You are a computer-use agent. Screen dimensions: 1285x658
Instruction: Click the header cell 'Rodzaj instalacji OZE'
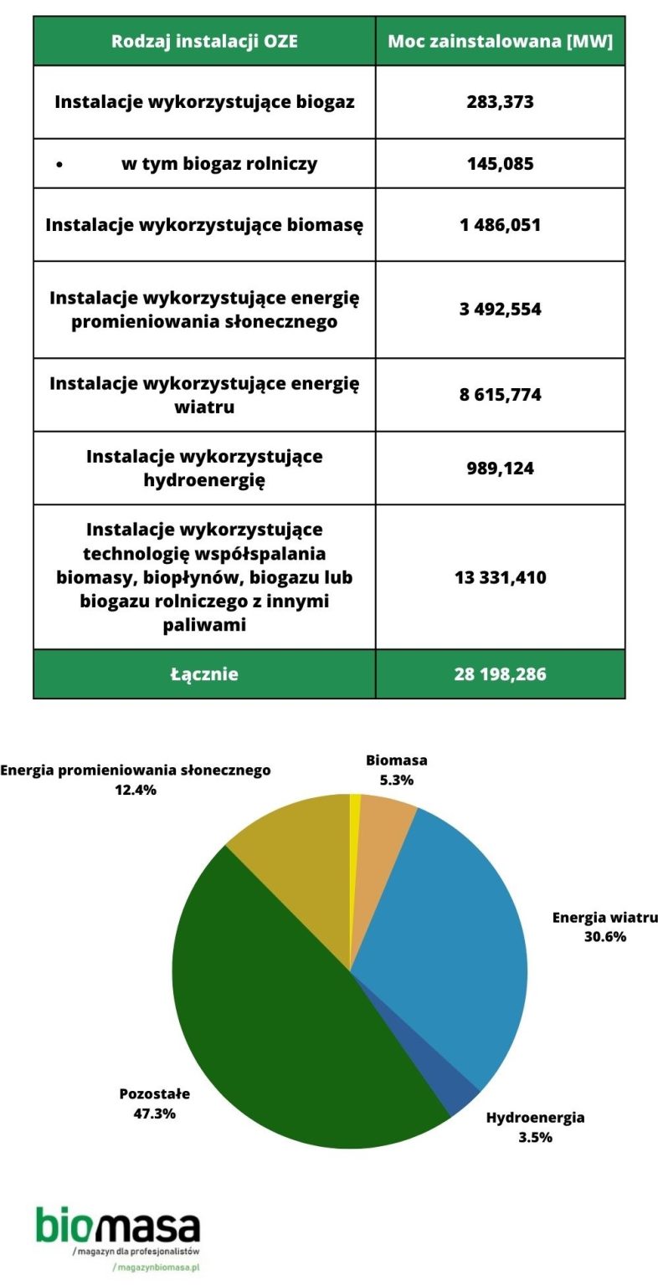[x=204, y=41]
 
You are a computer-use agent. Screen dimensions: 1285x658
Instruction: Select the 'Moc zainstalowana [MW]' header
[x=500, y=41]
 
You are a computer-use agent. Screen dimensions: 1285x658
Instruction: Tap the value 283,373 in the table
[x=500, y=102]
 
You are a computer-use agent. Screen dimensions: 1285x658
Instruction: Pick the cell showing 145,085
[x=500, y=163]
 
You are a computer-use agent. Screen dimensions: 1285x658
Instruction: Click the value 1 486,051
[x=500, y=224]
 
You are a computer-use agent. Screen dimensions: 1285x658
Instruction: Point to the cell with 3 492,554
[x=500, y=309]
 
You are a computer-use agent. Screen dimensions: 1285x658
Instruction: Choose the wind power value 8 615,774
[x=500, y=394]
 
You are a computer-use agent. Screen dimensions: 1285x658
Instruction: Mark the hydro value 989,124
[x=500, y=468]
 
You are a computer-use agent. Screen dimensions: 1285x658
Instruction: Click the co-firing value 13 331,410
[x=500, y=576]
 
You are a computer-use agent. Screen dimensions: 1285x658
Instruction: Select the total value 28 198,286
[x=500, y=673]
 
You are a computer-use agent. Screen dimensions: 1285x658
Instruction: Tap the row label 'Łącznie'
[x=204, y=673]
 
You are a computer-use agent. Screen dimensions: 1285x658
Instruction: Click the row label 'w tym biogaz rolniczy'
[x=219, y=163]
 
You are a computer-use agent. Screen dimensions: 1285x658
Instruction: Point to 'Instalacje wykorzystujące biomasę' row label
[x=204, y=224]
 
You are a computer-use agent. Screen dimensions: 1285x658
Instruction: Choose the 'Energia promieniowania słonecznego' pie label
[x=136, y=770]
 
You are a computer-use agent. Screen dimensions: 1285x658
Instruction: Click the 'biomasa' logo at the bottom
[x=118, y=1227]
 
